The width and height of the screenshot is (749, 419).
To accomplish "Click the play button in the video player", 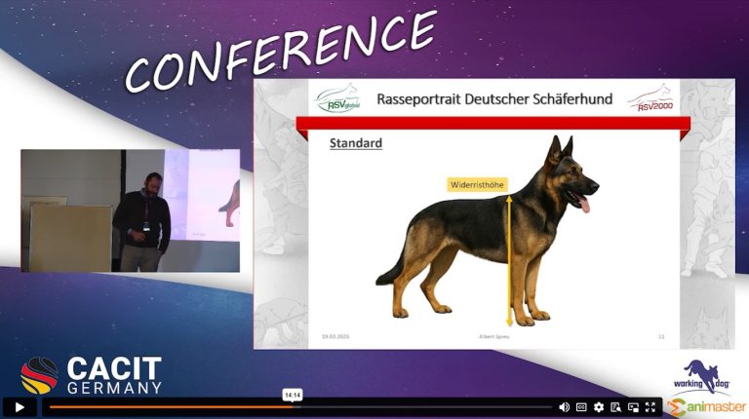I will tap(19, 406).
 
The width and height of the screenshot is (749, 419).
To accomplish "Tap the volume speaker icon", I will tap(564, 406).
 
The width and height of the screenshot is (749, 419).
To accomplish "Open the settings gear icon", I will tap(599, 406).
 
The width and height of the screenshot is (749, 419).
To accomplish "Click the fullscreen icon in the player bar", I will tap(650, 406).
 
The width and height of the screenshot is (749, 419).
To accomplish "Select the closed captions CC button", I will tap(581, 406).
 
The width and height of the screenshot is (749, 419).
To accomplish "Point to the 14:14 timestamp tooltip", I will tap(293, 395).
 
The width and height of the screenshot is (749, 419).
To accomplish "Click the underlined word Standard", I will tap(355, 143).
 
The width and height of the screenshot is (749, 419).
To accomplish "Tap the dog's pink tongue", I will tap(584, 203).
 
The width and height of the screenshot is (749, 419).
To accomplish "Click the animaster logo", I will tap(707, 404).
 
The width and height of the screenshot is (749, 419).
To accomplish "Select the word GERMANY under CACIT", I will tap(115, 387).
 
